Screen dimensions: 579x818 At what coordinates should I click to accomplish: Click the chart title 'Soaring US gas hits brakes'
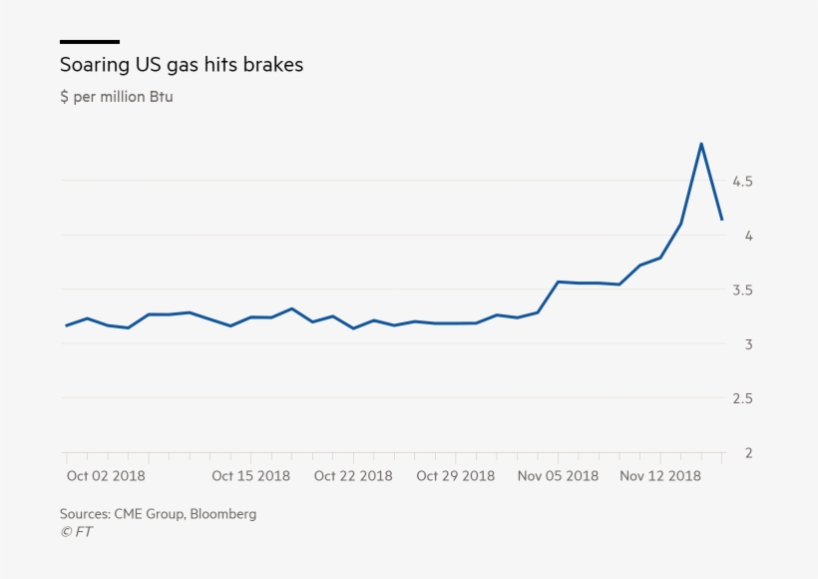(x=181, y=65)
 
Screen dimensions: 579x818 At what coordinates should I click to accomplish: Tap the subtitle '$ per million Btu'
(x=116, y=97)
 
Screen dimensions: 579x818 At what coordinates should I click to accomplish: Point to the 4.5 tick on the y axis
(x=741, y=182)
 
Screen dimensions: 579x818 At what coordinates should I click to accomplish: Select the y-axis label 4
(x=747, y=236)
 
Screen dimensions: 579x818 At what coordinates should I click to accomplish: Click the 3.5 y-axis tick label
(x=741, y=290)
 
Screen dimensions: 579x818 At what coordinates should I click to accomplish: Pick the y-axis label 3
(x=747, y=344)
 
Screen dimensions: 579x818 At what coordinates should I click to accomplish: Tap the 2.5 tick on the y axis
(x=741, y=399)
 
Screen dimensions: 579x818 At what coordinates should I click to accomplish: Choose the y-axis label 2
(x=747, y=453)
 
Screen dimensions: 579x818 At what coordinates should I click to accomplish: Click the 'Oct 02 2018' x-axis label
(x=106, y=476)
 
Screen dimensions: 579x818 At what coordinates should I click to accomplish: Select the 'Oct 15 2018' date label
(x=250, y=476)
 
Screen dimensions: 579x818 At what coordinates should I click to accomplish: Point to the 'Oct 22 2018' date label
(x=353, y=476)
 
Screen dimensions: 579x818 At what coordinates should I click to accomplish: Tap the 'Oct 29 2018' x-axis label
(x=455, y=476)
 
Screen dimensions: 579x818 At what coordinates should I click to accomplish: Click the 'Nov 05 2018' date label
(x=558, y=476)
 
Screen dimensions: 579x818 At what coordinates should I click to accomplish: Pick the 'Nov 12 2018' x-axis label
(x=659, y=476)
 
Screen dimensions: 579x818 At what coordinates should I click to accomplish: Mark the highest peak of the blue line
(x=701, y=144)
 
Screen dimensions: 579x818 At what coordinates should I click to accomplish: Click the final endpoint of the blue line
(x=721, y=220)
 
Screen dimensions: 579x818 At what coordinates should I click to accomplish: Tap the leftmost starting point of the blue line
(x=67, y=325)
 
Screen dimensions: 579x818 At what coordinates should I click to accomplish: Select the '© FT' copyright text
(x=76, y=532)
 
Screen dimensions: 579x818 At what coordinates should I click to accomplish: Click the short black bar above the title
(x=90, y=42)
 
